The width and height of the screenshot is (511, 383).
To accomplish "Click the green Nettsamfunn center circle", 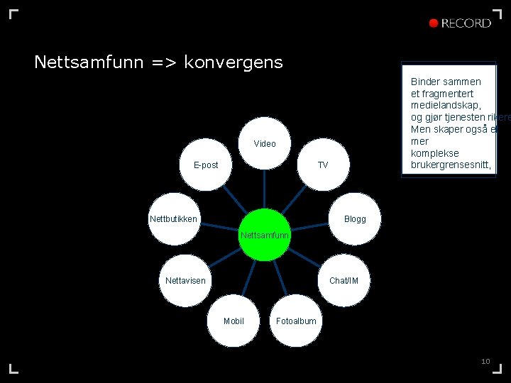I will pyautogui.click(x=265, y=235).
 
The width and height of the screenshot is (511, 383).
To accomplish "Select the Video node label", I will pyautogui.click(x=265, y=144).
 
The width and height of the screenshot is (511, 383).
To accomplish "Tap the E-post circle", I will pyautogui.click(x=206, y=165).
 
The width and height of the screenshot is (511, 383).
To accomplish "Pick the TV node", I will pyautogui.click(x=323, y=165).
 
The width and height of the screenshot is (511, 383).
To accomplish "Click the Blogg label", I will pyautogui.click(x=355, y=219).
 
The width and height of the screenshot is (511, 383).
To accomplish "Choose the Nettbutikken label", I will pyautogui.click(x=174, y=219).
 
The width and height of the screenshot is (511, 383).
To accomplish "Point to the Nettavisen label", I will pyautogui.click(x=185, y=281).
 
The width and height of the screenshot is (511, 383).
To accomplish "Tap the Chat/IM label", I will pyautogui.click(x=344, y=281).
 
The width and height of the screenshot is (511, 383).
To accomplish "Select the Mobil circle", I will pyautogui.click(x=233, y=321).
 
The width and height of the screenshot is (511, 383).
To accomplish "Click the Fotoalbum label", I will pyautogui.click(x=296, y=321).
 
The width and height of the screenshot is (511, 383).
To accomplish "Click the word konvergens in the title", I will pyautogui.click(x=233, y=62).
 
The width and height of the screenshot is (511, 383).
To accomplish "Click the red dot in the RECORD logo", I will pyautogui.click(x=434, y=23).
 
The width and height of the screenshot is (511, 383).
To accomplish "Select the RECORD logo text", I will pyautogui.click(x=466, y=23).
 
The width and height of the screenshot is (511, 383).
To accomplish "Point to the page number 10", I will pyautogui.click(x=485, y=362).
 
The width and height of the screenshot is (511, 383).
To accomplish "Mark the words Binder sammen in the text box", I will pyautogui.click(x=446, y=82).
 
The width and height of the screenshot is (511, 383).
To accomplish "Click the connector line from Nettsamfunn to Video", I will pyautogui.click(x=265, y=190).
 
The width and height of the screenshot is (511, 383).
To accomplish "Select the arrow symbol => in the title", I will pyautogui.click(x=164, y=62).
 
